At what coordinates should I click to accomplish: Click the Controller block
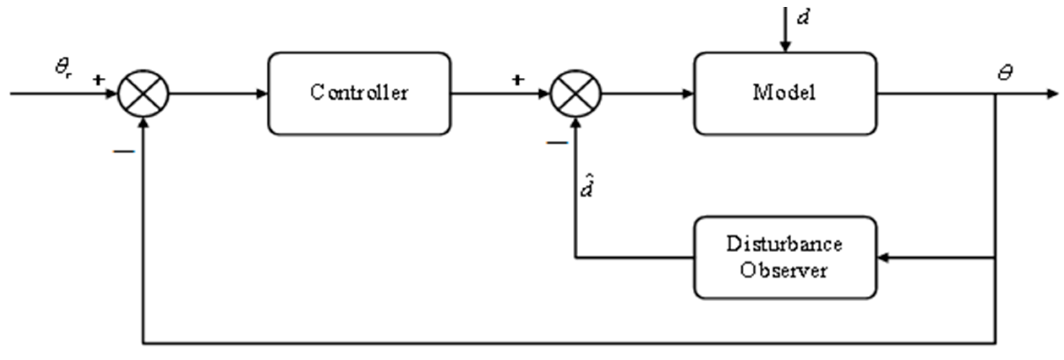pyautogui.click(x=359, y=93)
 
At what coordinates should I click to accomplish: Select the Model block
pyautogui.click(x=785, y=93)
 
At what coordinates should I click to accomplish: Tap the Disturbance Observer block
pyautogui.click(x=785, y=257)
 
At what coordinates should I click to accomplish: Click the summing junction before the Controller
pyautogui.click(x=143, y=94)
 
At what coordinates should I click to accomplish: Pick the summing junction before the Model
pyautogui.click(x=575, y=94)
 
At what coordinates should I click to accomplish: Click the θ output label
pyautogui.click(x=1005, y=73)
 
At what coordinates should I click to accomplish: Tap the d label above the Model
pyautogui.click(x=803, y=18)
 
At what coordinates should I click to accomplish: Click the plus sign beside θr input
pyautogui.click(x=98, y=79)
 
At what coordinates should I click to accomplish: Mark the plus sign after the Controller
pyautogui.click(x=518, y=79)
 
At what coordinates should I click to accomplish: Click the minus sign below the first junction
pyautogui.click(x=124, y=151)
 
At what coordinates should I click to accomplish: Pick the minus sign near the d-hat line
pyautogui.click(x=557, y=143)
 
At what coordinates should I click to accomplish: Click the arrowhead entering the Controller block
pyautogui.click(x=263, y=94)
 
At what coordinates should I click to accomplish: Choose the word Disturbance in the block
pyautogui.click(x=784, y=244)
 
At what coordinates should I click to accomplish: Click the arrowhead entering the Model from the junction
pyautogui.click(x=688, y=94)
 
